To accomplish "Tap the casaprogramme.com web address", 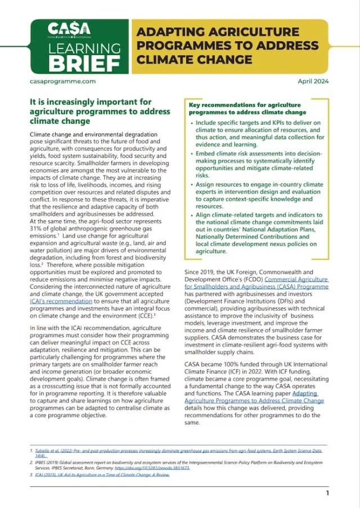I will [61, 81].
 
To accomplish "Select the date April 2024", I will [313, 81].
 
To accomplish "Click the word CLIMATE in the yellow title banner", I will [161, 58].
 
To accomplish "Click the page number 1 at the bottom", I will [327, 493].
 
